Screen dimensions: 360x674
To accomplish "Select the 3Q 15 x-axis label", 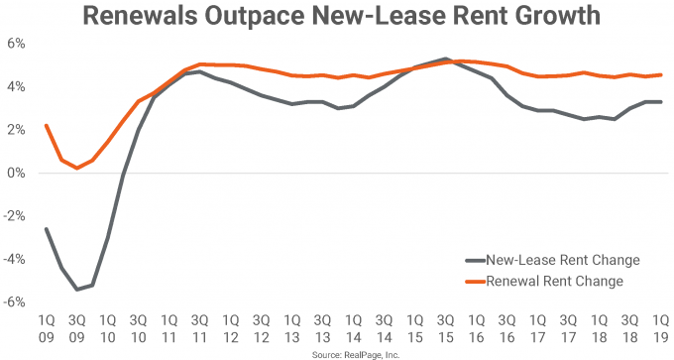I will pos(446,328).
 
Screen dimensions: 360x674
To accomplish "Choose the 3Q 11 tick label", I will pos(198,328).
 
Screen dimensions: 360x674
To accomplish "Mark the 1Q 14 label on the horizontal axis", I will pos(353,328).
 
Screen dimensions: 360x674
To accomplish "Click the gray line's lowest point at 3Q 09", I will pos(75,290).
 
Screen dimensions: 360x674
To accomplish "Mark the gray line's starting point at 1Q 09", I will pos(45,229).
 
